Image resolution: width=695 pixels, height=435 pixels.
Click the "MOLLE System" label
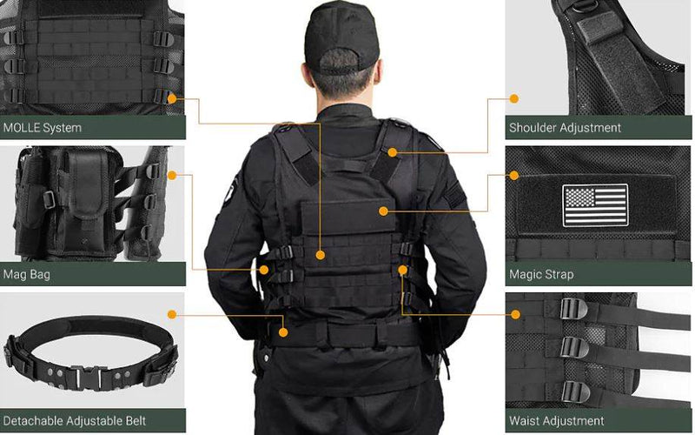[x=43, y=128]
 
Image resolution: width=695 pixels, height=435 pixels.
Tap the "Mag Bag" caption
[x=26, y=274]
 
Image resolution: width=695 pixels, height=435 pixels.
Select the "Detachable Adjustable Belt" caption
[x=74, y=421]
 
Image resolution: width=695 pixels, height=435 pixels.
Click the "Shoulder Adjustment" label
[x=565, y=128]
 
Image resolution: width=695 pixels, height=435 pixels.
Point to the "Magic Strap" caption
[x=541, y=274]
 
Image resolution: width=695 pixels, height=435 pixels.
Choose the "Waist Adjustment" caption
[x=557, y=421]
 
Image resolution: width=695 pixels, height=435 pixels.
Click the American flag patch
[x=595, y=205]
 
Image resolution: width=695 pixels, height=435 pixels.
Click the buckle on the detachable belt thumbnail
[x=91, y=377]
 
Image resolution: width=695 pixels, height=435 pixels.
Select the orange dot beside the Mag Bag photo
[x=172, y=176]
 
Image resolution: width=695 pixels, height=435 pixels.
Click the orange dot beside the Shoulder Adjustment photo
[x=514, y=99]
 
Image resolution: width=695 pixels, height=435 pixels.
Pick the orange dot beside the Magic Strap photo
[x=514, y=176]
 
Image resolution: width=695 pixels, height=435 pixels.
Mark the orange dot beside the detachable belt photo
[x=172, y=313]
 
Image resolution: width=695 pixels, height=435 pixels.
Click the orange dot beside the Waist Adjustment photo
[x=514, y=313]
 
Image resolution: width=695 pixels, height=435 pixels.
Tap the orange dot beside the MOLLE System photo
[x=172, y=99]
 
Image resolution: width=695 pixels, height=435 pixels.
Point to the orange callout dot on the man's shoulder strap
[x=393, y=152]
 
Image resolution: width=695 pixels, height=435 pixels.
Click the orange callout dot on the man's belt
[x=284, y=331]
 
